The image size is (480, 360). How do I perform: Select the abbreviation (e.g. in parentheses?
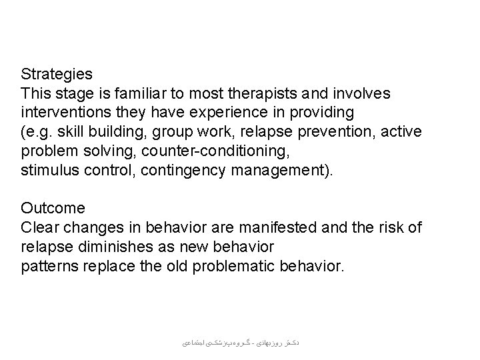(36, 131)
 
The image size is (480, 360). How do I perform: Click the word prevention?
(335, 131)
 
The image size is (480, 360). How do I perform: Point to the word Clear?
(39, 229)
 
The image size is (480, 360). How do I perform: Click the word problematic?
(246, 267)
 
